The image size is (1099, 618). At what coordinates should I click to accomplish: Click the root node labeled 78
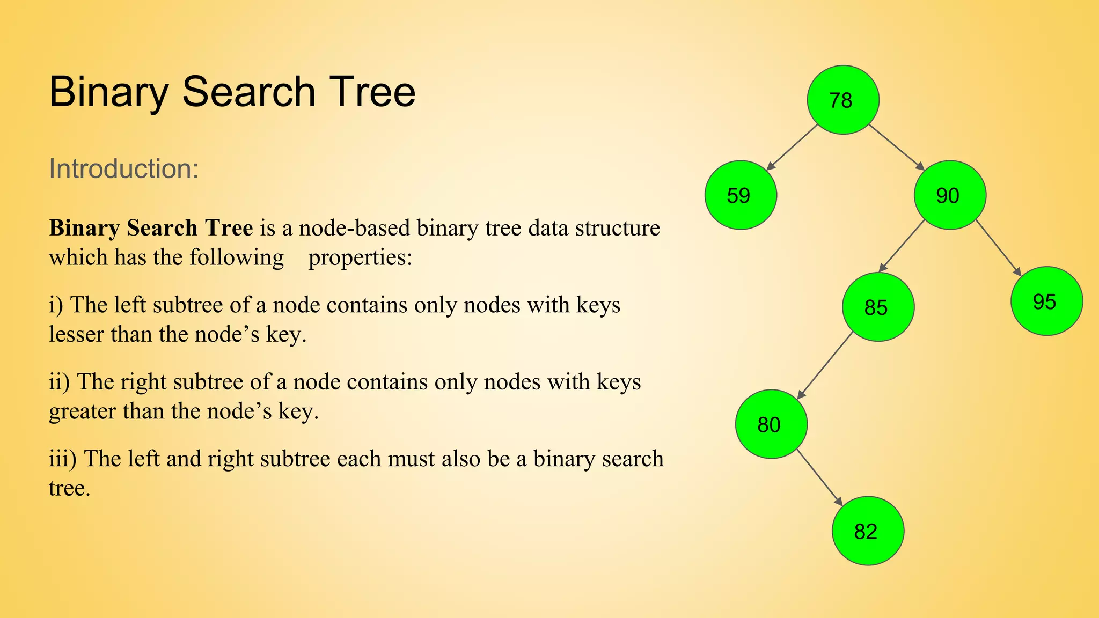842,100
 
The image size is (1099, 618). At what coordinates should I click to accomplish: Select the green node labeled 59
740,195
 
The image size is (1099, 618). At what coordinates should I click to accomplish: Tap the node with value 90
949,195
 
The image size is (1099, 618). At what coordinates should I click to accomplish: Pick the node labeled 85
878,307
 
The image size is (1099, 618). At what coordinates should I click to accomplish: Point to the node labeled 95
1046,301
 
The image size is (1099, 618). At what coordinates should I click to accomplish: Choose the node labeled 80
771,424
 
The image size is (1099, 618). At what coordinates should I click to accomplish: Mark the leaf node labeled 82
868,531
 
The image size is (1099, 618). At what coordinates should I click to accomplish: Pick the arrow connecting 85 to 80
825,365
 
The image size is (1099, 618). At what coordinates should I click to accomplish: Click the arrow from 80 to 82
819,477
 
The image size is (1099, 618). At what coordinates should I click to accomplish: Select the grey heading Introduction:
124,168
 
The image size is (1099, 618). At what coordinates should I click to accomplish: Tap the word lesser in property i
76,334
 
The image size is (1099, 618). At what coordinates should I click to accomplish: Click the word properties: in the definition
360,258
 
